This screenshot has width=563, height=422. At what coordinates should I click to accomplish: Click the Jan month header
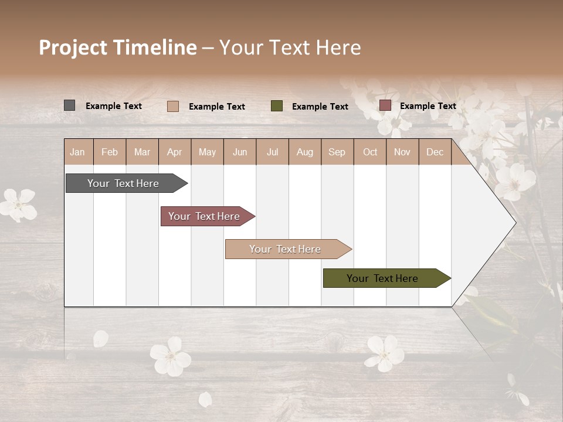[78, 152]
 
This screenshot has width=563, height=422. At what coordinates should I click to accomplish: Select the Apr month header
[175, 152]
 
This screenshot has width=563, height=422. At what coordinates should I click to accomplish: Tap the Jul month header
[272, 152]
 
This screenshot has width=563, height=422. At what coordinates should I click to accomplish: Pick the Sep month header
[337, 152]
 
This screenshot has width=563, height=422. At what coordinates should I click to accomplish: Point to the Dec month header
[435, 152]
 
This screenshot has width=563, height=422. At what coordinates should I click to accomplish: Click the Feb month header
[110, 152]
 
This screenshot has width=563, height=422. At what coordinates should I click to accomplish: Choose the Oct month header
[370, 152]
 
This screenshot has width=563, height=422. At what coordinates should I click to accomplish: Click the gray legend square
[69, 105]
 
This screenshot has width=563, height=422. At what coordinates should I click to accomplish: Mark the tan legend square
[172, 106]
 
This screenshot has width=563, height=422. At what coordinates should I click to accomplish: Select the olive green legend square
[277, 106]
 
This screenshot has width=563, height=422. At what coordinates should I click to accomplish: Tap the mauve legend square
[385, 105]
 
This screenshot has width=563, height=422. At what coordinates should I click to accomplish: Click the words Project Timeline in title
[118, 47]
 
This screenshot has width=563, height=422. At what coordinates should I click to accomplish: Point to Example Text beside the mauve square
[428, 106]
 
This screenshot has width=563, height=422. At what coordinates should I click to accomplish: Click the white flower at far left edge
[18, 204]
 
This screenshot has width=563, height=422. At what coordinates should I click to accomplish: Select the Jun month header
[240, 152]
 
